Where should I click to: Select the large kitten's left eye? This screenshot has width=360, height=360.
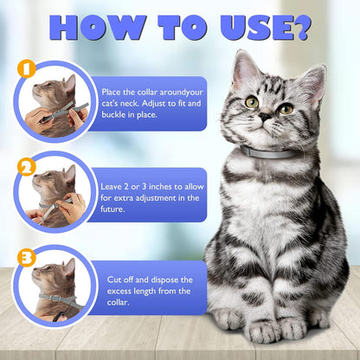(x=252, y=102)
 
